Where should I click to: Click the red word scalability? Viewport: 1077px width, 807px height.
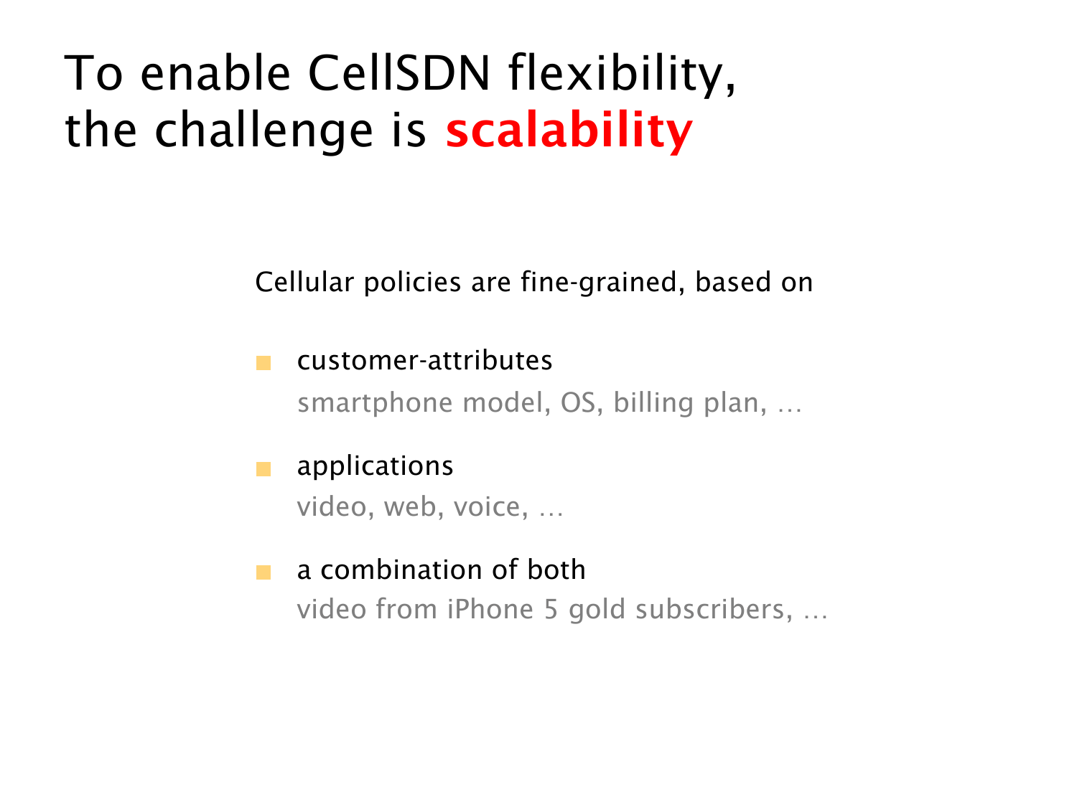coord(569,131)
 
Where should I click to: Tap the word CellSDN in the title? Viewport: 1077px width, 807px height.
coord(399,72)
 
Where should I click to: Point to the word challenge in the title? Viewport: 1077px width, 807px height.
coord(264,131)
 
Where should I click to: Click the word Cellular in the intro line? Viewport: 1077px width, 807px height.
coord(304,282)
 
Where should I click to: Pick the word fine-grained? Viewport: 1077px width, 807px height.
coord(599,283)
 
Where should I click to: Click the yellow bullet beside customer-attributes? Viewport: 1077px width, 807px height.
coord(264,363)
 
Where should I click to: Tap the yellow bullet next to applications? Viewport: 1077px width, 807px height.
coord(264,469)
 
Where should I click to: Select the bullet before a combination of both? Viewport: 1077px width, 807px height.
coord(264,572)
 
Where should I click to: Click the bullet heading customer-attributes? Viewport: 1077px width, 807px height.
coord(424,360)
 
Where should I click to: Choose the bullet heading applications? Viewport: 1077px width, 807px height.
coord(375,466)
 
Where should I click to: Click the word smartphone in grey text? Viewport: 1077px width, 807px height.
coord(374,404)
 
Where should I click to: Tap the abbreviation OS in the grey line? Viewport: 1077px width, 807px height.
coord(577,402)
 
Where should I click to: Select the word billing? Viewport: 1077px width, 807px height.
coord(653,404)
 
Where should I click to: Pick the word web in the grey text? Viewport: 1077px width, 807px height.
coord(410,506)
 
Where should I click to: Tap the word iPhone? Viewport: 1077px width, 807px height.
coord(490,609)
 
